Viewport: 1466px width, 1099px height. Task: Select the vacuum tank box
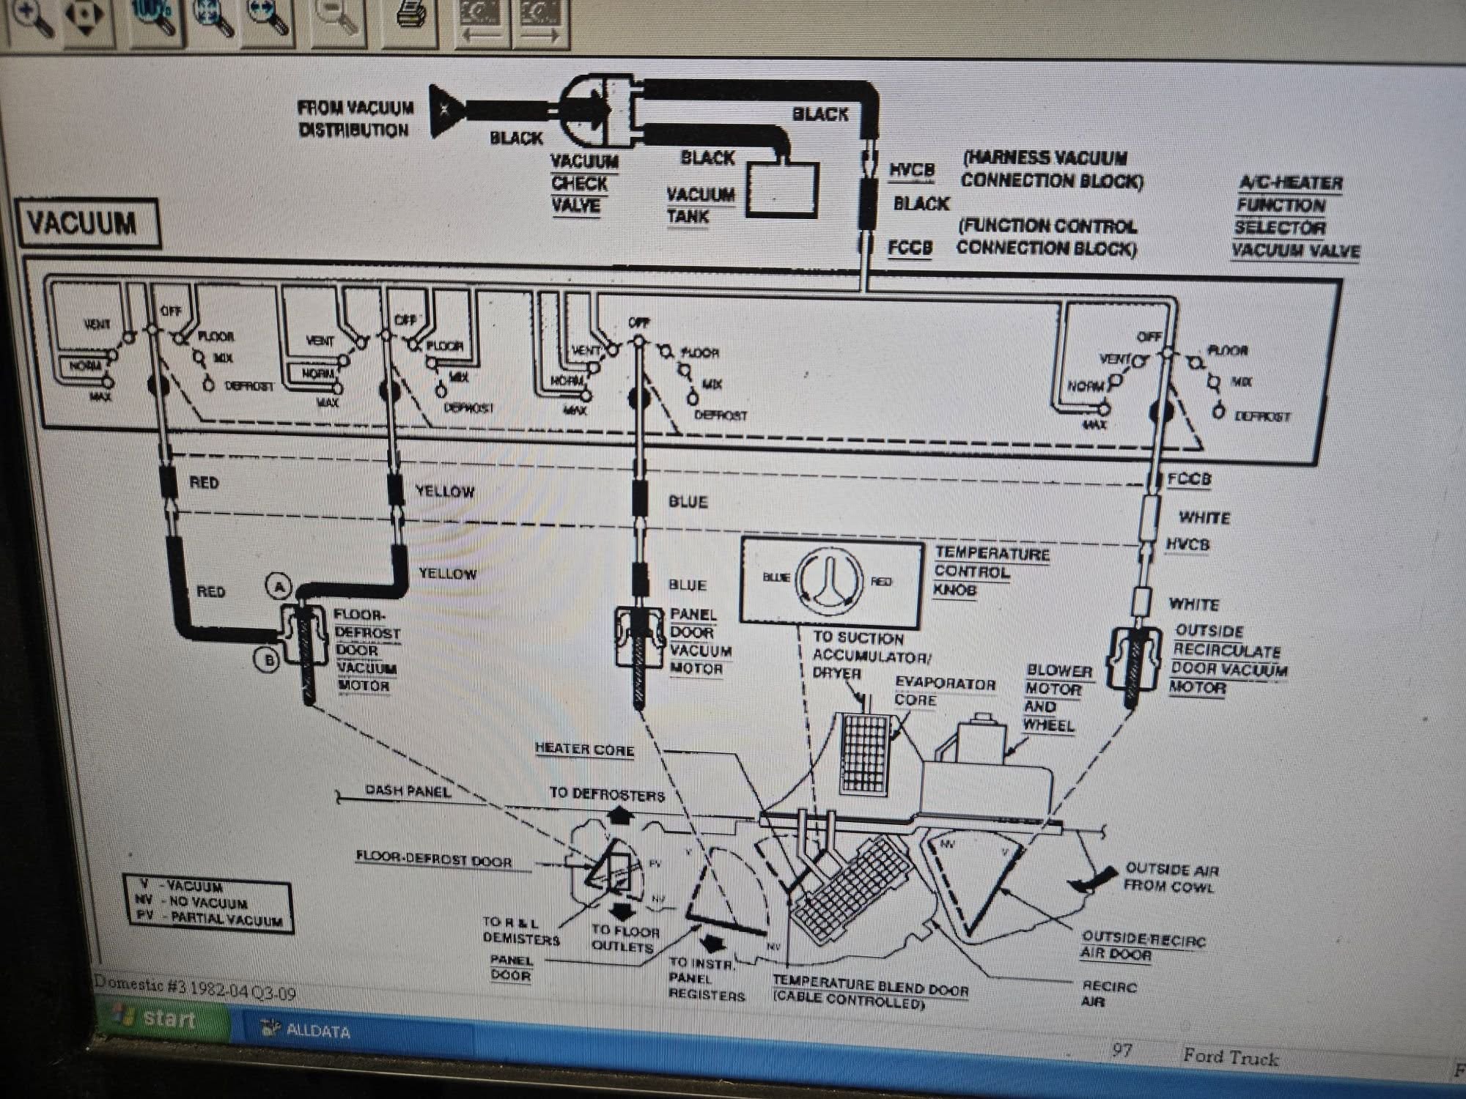[x=781, y=189]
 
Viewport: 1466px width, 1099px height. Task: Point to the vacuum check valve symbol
[x=597, y=110]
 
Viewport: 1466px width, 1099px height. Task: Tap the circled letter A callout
[x=279, y=586]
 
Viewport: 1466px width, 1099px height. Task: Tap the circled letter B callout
[x=268, y=659]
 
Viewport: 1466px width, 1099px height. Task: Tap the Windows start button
[x=158, y=1018]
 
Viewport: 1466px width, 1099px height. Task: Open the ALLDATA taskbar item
[x=308, y=1030]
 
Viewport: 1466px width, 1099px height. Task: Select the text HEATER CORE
[x=584, y=749]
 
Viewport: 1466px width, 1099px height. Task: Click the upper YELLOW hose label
[x=445, y=491]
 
